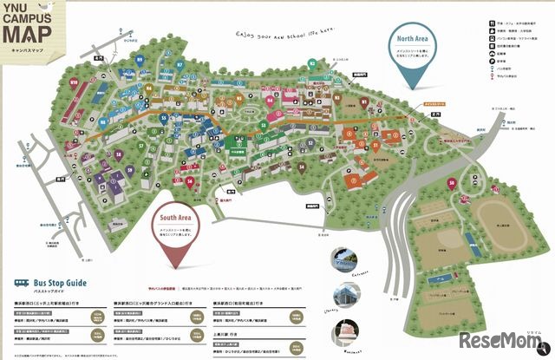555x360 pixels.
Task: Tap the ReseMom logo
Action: point(506,337)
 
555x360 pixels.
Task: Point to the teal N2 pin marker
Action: point(312,62)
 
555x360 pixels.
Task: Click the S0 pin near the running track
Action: point(452,183)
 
